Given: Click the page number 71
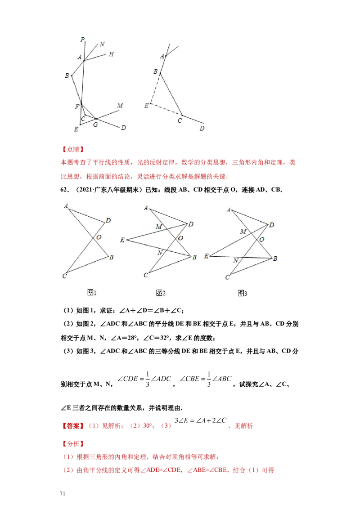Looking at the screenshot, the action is coord(63,493).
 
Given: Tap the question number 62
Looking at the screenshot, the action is coord(64,190).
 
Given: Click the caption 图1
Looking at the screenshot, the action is coord(92,292).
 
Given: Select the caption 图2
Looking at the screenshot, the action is coord(161,293).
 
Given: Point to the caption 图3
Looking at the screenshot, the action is coord(243,294).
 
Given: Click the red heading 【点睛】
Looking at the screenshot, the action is coord(73,149).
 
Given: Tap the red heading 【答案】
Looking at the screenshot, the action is coord(73,426).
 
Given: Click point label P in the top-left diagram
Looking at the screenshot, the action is coord(82,40).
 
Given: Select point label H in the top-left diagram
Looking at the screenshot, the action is coord(111,54).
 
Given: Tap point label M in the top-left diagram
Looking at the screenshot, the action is coord(120,106).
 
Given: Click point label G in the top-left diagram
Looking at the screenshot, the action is coord(95,125).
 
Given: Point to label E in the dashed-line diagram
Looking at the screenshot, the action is coord(147,106).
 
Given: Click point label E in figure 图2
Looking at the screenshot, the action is coord(122,240).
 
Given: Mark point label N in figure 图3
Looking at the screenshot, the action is coord(236,260).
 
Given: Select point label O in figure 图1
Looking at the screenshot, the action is coord(99,237).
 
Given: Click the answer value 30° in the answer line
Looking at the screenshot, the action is coord(148,426).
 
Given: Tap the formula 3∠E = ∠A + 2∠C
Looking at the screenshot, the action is coord(200,420).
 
